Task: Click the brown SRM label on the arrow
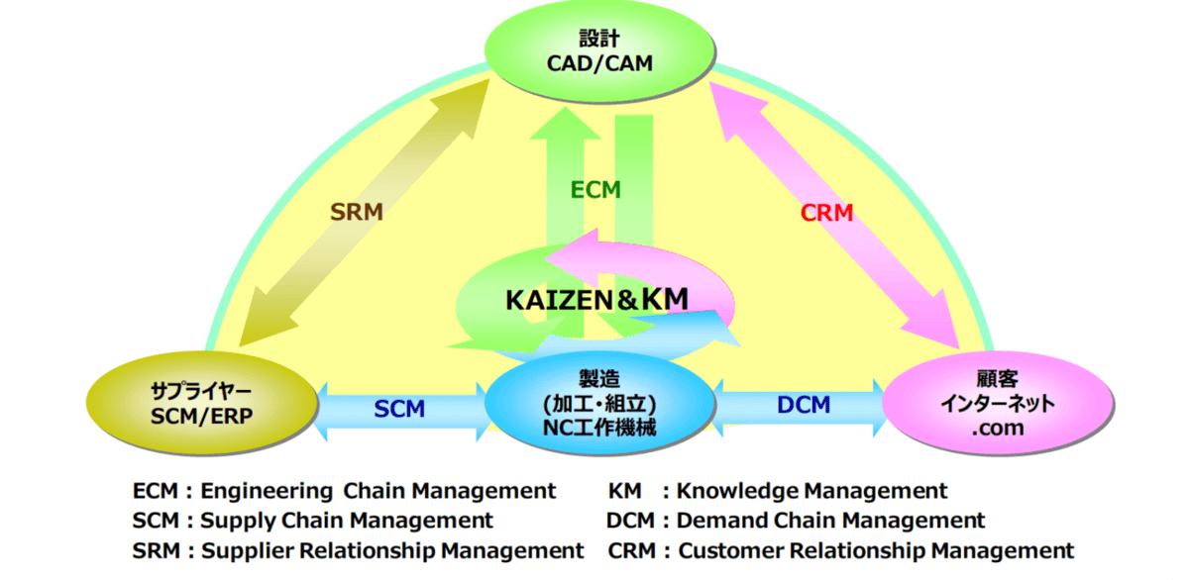(x=356, y=212)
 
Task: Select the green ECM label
(x=595, y=190)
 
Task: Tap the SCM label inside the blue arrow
(x=399, y=408)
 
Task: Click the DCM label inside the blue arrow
(x=804, y=404)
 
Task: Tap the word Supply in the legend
(x=234, y=521)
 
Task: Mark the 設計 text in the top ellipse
(x=598, y=40)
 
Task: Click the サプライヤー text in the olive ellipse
(x=196, y=391)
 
